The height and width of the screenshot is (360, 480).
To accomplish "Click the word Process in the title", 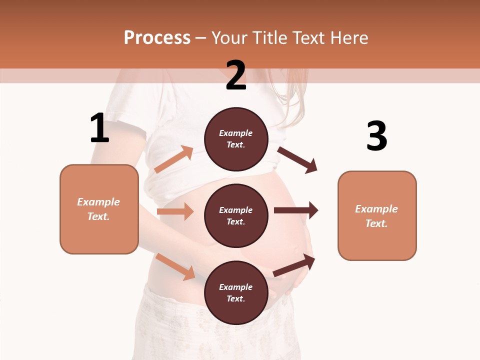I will tap(157, 38).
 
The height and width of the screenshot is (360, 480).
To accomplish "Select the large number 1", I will tap(99, 128).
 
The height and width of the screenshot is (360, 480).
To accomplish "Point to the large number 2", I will tap(236, 75).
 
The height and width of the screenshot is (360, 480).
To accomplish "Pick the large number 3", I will tap(376, 136).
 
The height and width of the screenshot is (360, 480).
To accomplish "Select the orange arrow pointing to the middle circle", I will tap(175, 211).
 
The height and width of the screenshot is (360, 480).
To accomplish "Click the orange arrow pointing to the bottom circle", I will tap(175, 266).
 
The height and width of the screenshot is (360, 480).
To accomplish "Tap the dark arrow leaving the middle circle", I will tap(296, 210).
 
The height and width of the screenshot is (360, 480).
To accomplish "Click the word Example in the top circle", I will tap(236, 133).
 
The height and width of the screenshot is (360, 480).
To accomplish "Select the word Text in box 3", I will tap(376, 223).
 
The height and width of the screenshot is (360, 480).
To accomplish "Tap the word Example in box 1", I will tap(98, 202).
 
